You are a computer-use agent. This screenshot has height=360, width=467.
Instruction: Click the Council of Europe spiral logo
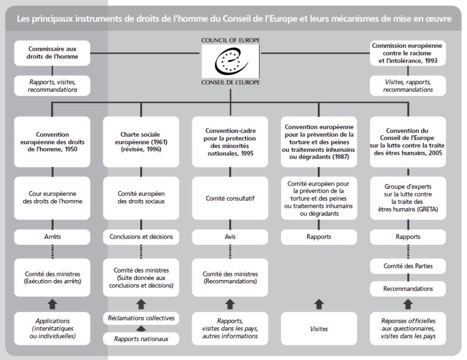click(x=231, y=61)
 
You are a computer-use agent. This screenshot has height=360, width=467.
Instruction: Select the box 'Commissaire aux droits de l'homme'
click(x=52, y=53)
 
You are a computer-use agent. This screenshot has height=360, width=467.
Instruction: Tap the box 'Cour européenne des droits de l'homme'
click(x=52, y=198)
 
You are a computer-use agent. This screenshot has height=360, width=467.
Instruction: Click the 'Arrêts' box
click(x=52, y=237)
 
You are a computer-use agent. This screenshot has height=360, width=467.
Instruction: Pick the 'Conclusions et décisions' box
click(x=141, y=237)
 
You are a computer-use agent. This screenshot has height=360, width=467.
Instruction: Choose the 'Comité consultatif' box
click(x=230, y=198)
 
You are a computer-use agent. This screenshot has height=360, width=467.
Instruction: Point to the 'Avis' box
click(x=230, y=237)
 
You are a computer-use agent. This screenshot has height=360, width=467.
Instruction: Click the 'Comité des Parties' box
click(x=408, y=266)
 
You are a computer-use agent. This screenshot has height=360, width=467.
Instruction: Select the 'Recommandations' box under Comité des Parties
click(x=408, y=289)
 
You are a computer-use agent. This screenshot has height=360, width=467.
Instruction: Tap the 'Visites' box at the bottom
click(x=319, y=328)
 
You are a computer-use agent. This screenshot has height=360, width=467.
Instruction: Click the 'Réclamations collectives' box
click(x=141, y=318)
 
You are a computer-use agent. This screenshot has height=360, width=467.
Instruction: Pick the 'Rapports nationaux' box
click(x=141, y=339)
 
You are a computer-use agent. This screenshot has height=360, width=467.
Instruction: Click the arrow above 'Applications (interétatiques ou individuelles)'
click(x=53, y=304)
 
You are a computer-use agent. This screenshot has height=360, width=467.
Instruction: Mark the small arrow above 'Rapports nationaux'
click(x=141, y=328)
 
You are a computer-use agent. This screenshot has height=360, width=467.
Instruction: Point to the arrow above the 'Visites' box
click(x=319, y=304)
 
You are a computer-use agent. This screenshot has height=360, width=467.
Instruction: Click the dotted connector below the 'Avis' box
click(x=230, y=252)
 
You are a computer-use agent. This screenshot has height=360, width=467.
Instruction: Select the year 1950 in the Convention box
click(x=71, y=149)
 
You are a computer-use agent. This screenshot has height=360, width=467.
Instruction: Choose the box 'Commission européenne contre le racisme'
click(x=408, y=53)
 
